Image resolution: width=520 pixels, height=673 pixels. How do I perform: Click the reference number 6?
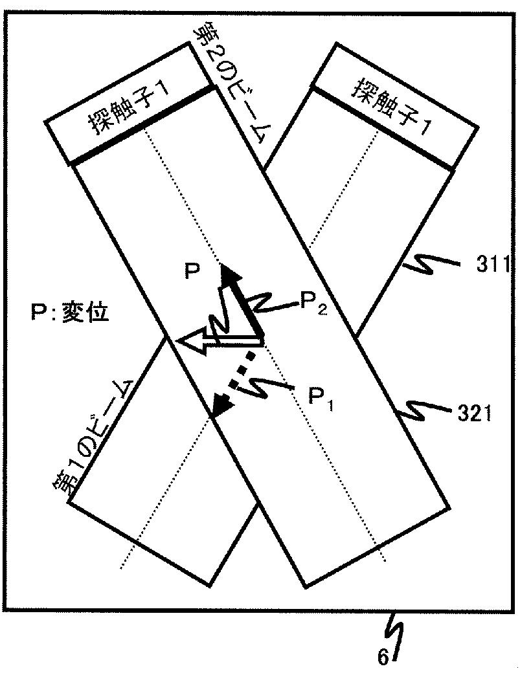[x=384, y=658]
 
